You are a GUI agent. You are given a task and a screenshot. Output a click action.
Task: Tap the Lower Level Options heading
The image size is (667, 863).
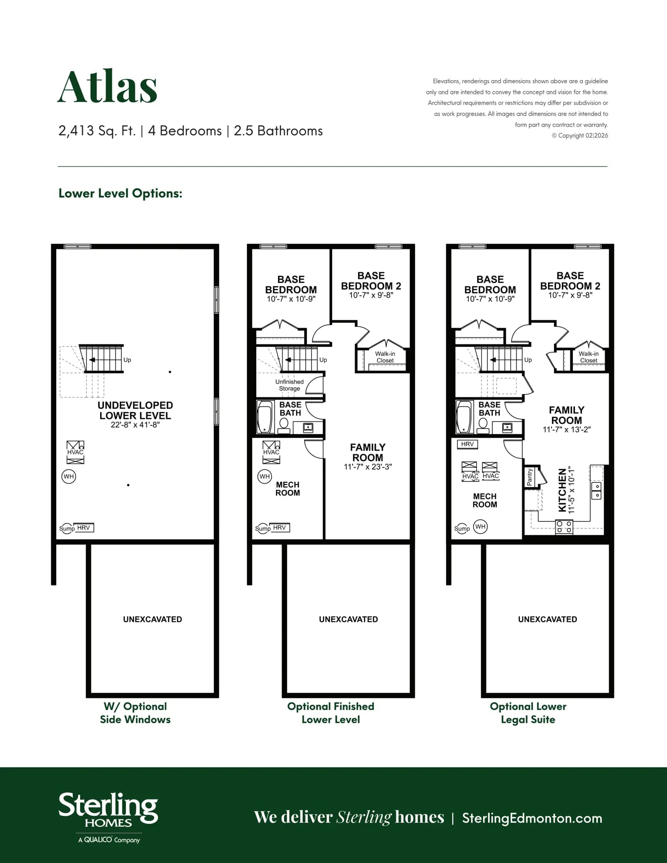point(120,193)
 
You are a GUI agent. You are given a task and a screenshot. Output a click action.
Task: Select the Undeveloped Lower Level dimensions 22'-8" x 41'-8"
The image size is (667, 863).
point(135,425)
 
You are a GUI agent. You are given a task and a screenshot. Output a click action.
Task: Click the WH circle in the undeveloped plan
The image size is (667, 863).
point(69,477)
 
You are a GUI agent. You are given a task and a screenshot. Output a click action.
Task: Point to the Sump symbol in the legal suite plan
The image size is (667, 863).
point(462,529)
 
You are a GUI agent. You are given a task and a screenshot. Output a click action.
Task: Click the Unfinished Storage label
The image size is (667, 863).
point(289,385)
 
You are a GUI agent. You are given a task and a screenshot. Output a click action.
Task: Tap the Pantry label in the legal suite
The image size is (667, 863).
point(530,477)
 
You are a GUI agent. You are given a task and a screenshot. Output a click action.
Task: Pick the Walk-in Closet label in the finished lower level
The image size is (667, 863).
point(385,357)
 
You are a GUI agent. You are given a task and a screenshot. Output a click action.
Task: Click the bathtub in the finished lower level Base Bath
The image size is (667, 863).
point(265,417)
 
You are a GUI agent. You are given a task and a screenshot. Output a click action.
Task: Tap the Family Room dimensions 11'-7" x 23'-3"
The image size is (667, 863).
point(368,467)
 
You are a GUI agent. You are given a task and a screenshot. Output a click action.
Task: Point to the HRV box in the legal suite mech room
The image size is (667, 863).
point(467,444)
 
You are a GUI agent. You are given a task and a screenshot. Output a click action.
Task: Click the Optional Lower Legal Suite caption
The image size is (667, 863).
point(528,713)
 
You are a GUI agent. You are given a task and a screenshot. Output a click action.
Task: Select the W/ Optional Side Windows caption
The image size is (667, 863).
point(135,713)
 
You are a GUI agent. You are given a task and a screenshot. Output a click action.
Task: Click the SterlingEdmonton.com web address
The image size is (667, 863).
point(532,818)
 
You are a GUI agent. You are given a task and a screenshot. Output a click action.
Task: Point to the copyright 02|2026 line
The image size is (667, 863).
point(580,135)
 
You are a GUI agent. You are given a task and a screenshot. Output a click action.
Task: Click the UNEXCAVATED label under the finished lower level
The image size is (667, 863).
point(349,620)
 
